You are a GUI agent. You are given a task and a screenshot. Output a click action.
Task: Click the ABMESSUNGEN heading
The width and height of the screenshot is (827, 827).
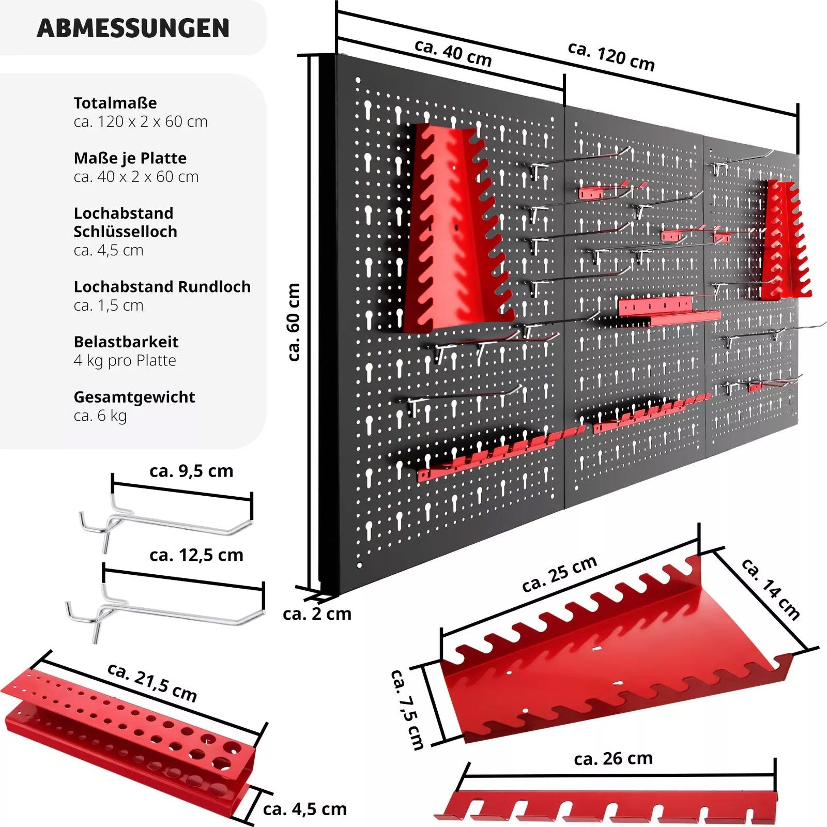133,28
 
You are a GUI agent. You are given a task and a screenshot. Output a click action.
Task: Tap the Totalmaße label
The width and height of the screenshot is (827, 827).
115,103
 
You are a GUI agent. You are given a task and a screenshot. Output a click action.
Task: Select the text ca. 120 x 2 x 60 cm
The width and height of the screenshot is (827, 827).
141,121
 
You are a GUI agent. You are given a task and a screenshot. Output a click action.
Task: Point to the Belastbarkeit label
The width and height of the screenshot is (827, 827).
126,342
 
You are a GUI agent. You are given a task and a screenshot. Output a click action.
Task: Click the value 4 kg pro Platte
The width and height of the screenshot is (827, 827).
125,360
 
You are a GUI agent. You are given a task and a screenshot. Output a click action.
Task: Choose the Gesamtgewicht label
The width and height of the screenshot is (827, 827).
134,397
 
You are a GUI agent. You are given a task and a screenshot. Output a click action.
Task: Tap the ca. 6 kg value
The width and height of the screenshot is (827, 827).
100,416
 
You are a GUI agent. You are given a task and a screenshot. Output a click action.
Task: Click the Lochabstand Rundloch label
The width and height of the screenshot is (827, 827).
162,286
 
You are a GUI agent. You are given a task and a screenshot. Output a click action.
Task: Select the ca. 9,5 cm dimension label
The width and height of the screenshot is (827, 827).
191,471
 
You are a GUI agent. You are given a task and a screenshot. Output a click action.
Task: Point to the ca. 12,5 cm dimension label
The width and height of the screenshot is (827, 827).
196,555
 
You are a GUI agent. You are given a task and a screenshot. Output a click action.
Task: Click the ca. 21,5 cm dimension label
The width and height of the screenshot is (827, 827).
152,682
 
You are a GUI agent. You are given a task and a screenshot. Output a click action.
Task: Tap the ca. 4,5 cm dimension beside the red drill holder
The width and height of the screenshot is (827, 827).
304,809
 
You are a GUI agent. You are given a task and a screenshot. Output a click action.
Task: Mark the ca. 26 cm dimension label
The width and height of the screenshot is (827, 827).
613,758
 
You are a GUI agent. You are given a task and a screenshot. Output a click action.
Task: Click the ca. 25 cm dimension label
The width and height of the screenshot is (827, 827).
559,574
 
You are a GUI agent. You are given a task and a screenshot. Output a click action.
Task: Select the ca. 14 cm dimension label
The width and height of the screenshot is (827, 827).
771,589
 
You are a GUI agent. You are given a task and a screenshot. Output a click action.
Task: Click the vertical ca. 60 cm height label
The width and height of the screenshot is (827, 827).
293,321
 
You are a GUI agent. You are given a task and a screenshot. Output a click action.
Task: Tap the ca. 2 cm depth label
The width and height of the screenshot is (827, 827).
317,614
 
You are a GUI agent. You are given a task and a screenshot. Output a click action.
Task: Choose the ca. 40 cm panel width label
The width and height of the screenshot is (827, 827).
453,53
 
